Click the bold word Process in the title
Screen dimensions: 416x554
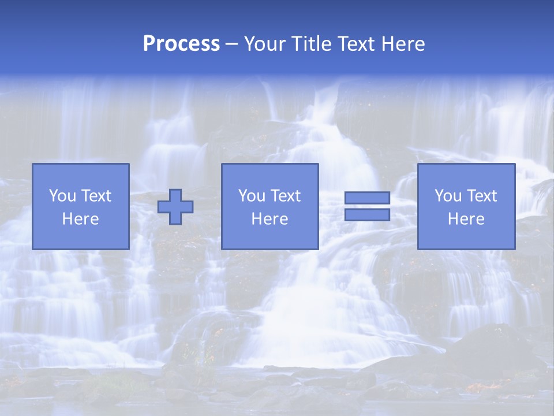(x=181, y=44)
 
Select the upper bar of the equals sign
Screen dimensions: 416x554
(x=367, y=198)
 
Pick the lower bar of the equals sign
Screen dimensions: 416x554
(x=367, y=215)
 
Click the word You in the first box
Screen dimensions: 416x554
(x=62, y=196)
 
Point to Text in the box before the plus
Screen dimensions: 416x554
(x=95, y=196)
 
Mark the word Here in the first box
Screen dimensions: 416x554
(x=80, y=219)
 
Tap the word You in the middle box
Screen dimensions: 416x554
(x=252, y=196)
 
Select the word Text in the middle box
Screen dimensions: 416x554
(x=285, y=196)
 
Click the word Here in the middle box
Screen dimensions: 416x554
(x=269, y=219)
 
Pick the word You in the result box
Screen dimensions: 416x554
(x=448, y=196)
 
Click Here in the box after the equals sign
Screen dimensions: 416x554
(x=466, y=219)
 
